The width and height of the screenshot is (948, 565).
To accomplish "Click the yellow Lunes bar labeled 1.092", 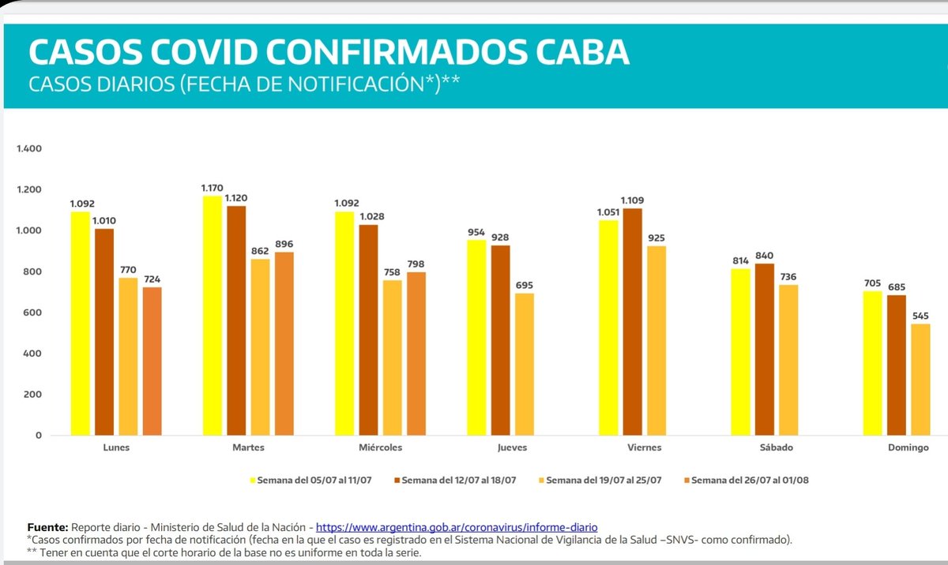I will [81, 324].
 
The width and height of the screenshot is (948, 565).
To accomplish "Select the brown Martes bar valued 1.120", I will [236, 320].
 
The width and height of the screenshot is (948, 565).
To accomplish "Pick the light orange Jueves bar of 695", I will [524, 364].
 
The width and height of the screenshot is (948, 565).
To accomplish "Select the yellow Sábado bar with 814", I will [740, 352].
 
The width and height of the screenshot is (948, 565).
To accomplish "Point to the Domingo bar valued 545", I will [920, 380].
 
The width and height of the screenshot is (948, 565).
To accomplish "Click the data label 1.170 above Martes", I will [213, 189].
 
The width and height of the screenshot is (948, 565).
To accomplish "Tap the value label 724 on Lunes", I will [152, 279].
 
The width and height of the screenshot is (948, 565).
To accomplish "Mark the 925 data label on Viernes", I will [656, 238].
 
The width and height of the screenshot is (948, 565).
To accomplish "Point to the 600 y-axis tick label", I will [32, 312].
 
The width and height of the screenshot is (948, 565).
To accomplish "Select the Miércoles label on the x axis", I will [380, 447].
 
